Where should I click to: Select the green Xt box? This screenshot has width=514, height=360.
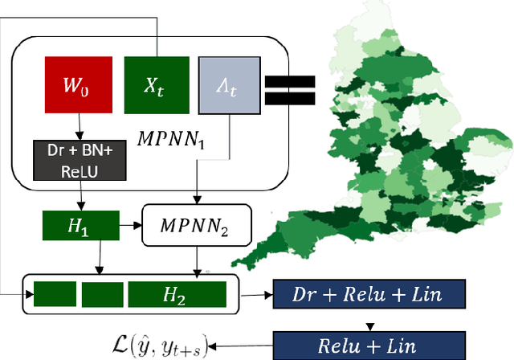(x=156, y=84)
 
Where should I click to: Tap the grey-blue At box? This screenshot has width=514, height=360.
(x=229, y=84)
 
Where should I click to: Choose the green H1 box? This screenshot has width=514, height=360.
(x=80, y=227)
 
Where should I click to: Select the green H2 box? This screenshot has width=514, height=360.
(x=177, y=296)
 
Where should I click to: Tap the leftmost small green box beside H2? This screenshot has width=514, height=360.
(x=54, y=296)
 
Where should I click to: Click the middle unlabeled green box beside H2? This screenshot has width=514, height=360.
(x=103, y=296)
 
